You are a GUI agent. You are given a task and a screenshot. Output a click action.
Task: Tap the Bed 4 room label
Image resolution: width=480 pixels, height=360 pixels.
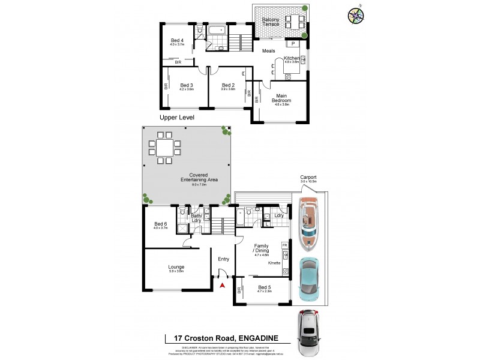pos(177,41)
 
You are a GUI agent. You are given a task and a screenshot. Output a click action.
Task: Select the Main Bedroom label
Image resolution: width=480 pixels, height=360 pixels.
pos(282,98)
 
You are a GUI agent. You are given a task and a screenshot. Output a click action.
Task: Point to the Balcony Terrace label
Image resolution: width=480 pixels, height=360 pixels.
pos(274,22)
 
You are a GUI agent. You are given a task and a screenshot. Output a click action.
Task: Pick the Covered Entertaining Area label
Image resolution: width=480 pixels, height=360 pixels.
pos(199,178)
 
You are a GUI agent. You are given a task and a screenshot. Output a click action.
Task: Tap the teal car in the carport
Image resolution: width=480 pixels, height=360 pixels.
pos(308,277)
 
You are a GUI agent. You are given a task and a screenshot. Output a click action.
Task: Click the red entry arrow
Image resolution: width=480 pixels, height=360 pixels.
pos(223,286)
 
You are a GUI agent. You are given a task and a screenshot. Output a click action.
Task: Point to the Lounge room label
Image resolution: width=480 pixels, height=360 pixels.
pos(176,267)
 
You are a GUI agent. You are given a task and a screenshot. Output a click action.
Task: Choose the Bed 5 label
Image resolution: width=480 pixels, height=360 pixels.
pos(265,287)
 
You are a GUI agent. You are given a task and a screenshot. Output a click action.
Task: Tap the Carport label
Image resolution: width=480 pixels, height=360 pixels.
pos(308,178)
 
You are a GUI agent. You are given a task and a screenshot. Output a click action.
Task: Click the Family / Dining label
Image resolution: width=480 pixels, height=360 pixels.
pos(261,248)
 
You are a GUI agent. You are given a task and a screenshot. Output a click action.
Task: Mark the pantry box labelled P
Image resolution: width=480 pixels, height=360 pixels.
pos(293,43)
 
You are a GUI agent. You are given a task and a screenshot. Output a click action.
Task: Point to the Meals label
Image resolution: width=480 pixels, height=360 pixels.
pos(268,51)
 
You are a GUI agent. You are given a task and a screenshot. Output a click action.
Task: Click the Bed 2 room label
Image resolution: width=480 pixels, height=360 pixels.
pos(228,85)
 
